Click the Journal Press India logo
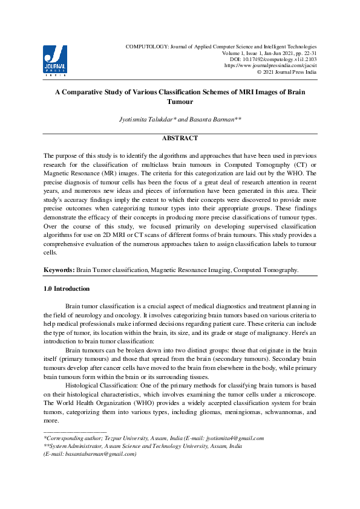(x=55, y=60)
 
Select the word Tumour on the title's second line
(x=180, y=102)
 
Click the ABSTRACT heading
(x=180, y=138)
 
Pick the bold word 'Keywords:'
(x=59, y=269)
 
